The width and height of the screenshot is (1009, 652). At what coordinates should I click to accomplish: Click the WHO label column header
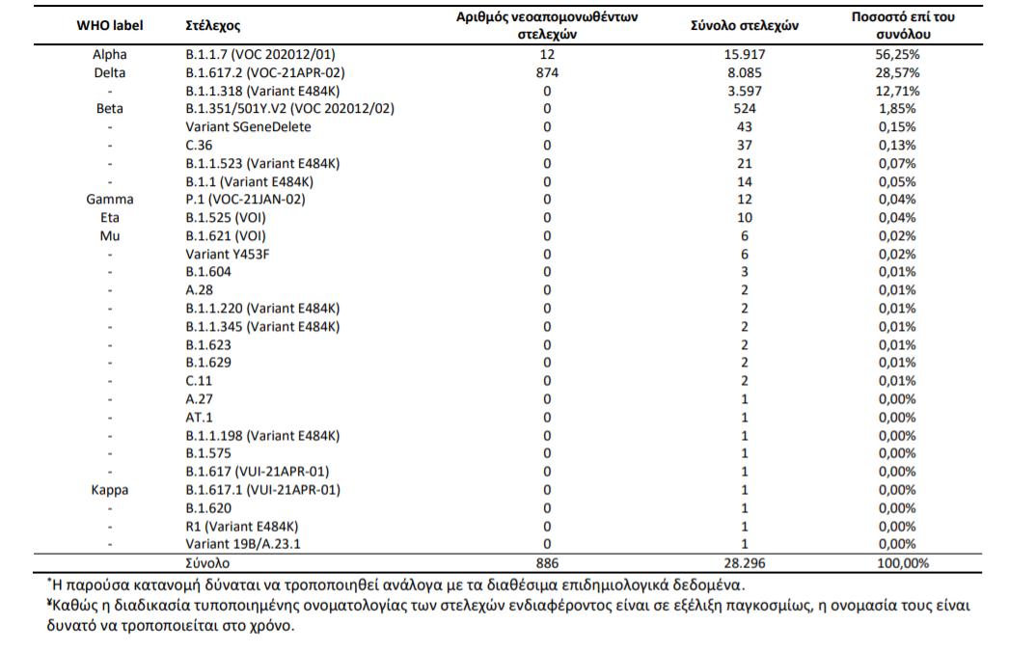pos(109,26)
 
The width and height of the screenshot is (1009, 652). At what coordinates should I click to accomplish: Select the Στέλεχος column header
pos(213,26)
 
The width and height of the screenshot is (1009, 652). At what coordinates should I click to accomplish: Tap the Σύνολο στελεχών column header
pos(745,26)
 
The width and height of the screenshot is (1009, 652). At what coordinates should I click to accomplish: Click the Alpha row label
pos(109,55)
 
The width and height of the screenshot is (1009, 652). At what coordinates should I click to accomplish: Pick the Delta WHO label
pos(109,72)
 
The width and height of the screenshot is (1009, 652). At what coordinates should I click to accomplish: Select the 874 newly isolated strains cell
pos(547,72)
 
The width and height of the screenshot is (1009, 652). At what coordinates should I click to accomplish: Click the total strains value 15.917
pos(745,55)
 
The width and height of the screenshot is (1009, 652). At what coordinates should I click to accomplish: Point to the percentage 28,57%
pos(897,72)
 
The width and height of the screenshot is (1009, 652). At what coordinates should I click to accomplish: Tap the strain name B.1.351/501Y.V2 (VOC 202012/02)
pos(289,109)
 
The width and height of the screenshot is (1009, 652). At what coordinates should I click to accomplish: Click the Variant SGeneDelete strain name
pos(248,126)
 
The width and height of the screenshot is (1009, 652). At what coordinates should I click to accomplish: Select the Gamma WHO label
pos(109,200)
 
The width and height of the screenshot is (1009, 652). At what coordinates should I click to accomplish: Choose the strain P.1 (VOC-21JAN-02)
pos(245,200)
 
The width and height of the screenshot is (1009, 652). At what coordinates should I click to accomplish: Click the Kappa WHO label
pos(109,490)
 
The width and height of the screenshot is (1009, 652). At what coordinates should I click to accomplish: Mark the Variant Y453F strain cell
pos(227,255)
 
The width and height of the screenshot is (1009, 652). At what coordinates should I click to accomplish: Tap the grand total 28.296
pos(745,563)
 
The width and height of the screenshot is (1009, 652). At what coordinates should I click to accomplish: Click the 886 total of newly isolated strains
pos(547,563)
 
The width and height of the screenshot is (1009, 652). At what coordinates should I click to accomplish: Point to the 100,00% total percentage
pos(903,563)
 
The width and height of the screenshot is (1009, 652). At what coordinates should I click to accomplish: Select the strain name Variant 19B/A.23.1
pos(242,544)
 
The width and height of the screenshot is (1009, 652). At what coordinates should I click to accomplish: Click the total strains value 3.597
pos(745,91)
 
